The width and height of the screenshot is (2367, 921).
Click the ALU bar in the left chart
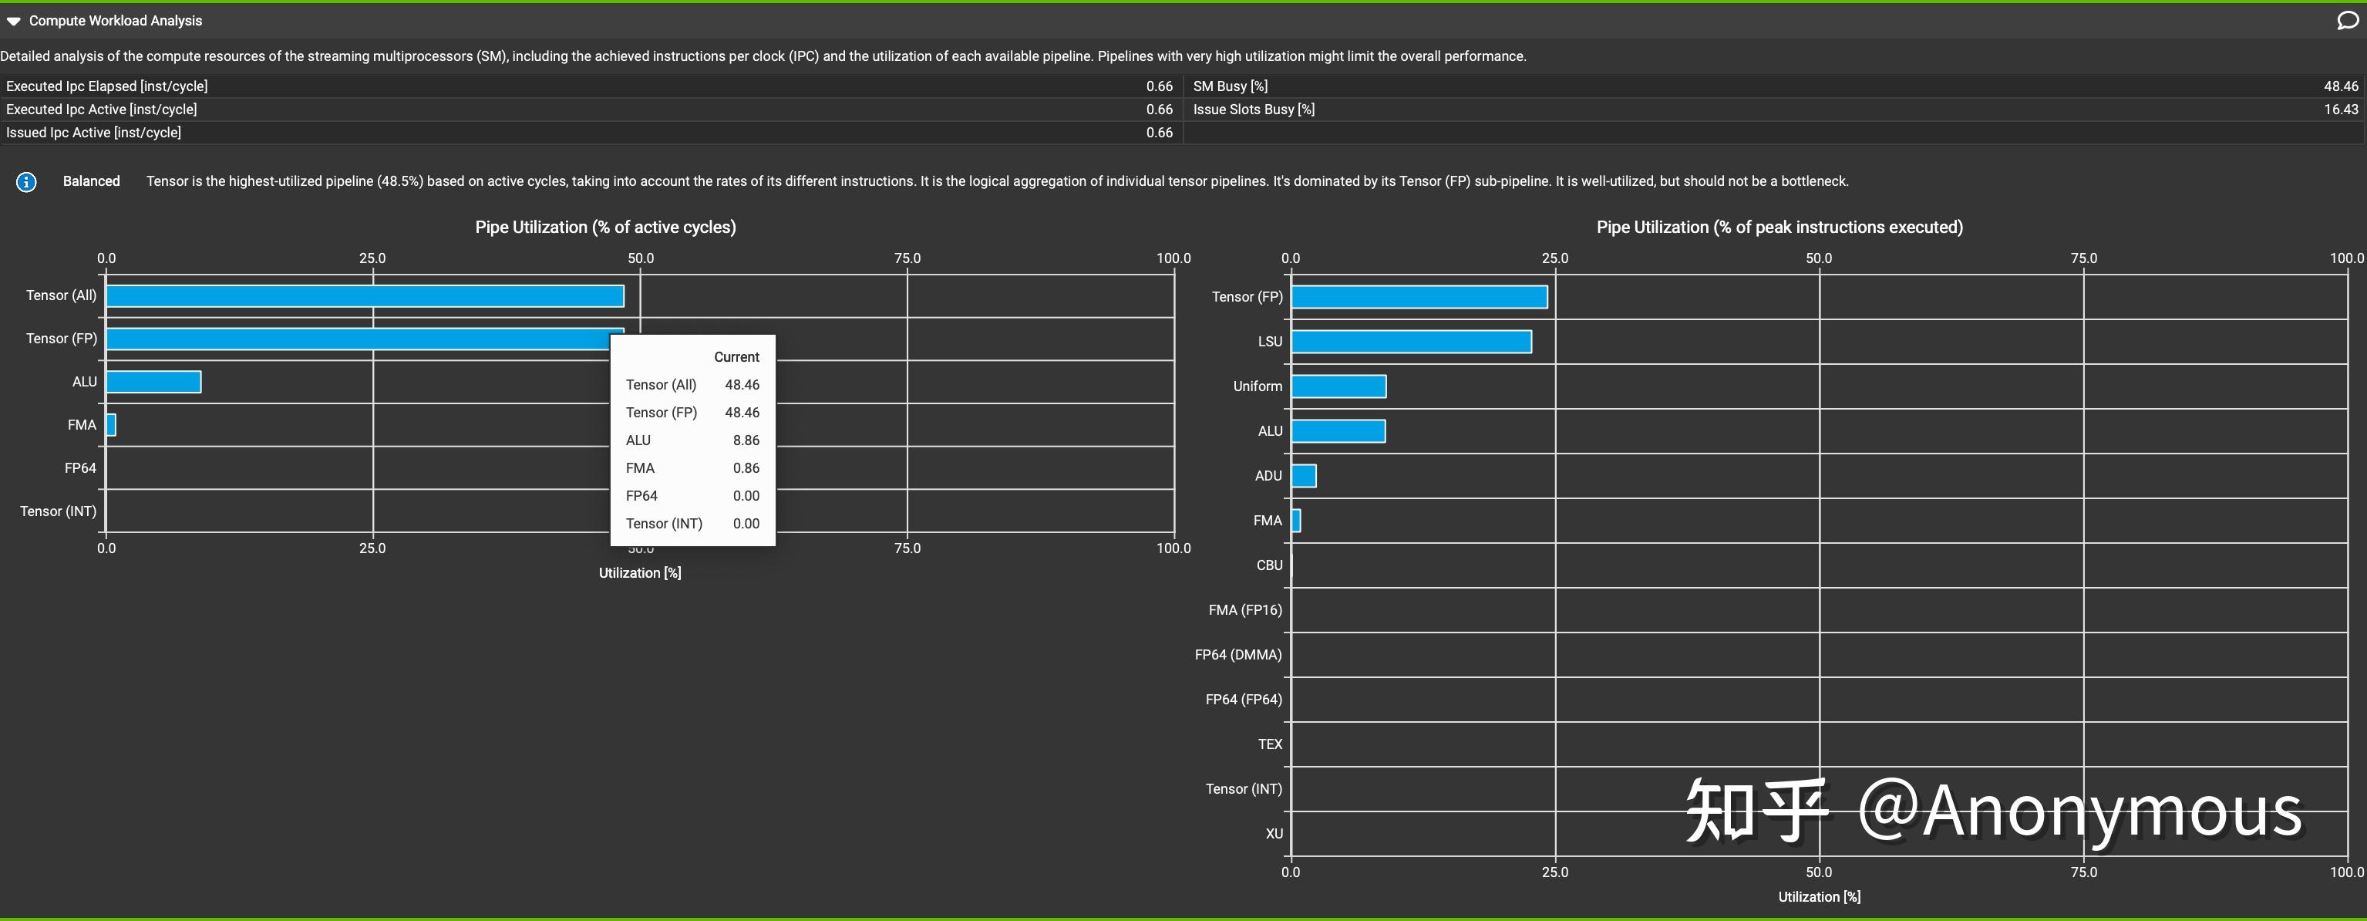click(153, 382)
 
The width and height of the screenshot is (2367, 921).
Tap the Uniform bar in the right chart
click(1338, 386)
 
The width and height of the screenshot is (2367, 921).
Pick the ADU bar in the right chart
click(1303, 476)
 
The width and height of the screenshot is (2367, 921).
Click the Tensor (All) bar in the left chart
click(365, 296)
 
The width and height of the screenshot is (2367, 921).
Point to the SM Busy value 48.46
click(2340, 86)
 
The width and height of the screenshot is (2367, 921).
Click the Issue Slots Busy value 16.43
click(2340, 110)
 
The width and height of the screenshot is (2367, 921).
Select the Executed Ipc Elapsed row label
click(106, 86)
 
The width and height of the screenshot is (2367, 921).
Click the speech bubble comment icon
click(2347, 20)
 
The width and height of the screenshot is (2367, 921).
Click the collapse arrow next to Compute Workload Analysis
click(13, 21)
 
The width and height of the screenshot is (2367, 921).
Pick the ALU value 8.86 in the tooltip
click(746, 440)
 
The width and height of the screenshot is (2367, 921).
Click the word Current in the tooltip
click(736, 356)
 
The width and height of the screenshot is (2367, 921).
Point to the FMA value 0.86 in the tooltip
click(746, 468)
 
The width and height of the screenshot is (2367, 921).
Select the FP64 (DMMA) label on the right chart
click(1237, 654)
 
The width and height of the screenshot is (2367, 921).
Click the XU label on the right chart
click(1274, 834)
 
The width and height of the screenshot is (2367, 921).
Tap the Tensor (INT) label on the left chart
click(58, 511)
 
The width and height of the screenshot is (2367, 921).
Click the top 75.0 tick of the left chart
click(907, 258)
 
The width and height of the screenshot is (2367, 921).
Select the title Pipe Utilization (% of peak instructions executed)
click(1779, 227)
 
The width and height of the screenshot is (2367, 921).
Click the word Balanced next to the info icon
click(91, 181)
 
